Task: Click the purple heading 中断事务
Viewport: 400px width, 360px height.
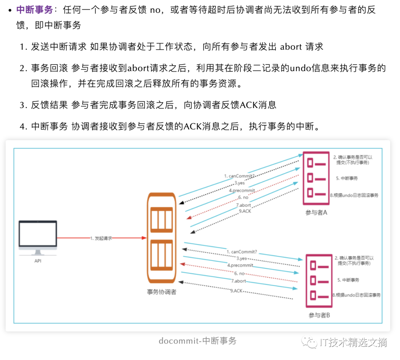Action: point(34,10)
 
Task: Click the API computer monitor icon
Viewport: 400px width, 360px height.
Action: point(38,237)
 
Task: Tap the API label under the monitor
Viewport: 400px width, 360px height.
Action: point(38,261)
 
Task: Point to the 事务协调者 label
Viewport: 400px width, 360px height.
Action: point(161,292)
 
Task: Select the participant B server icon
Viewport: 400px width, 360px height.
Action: point(319,281)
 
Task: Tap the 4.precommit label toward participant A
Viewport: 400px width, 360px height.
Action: point(242,190)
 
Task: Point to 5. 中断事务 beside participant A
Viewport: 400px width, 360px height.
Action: point(347,178)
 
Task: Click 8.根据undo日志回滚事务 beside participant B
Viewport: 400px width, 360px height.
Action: point(356,295)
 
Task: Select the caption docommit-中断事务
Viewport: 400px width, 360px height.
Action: point(197,341)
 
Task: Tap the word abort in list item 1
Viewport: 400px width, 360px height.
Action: point(291,46)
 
